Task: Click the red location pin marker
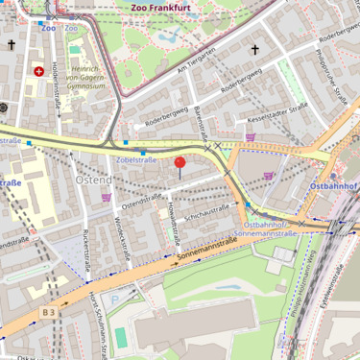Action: [180, 163]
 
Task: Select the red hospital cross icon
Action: [38, 71]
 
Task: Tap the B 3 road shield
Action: [48, 312]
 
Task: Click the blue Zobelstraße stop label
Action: [135, 160]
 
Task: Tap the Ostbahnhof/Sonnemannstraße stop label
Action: [264, 228]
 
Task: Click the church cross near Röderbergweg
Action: [255, 49]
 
